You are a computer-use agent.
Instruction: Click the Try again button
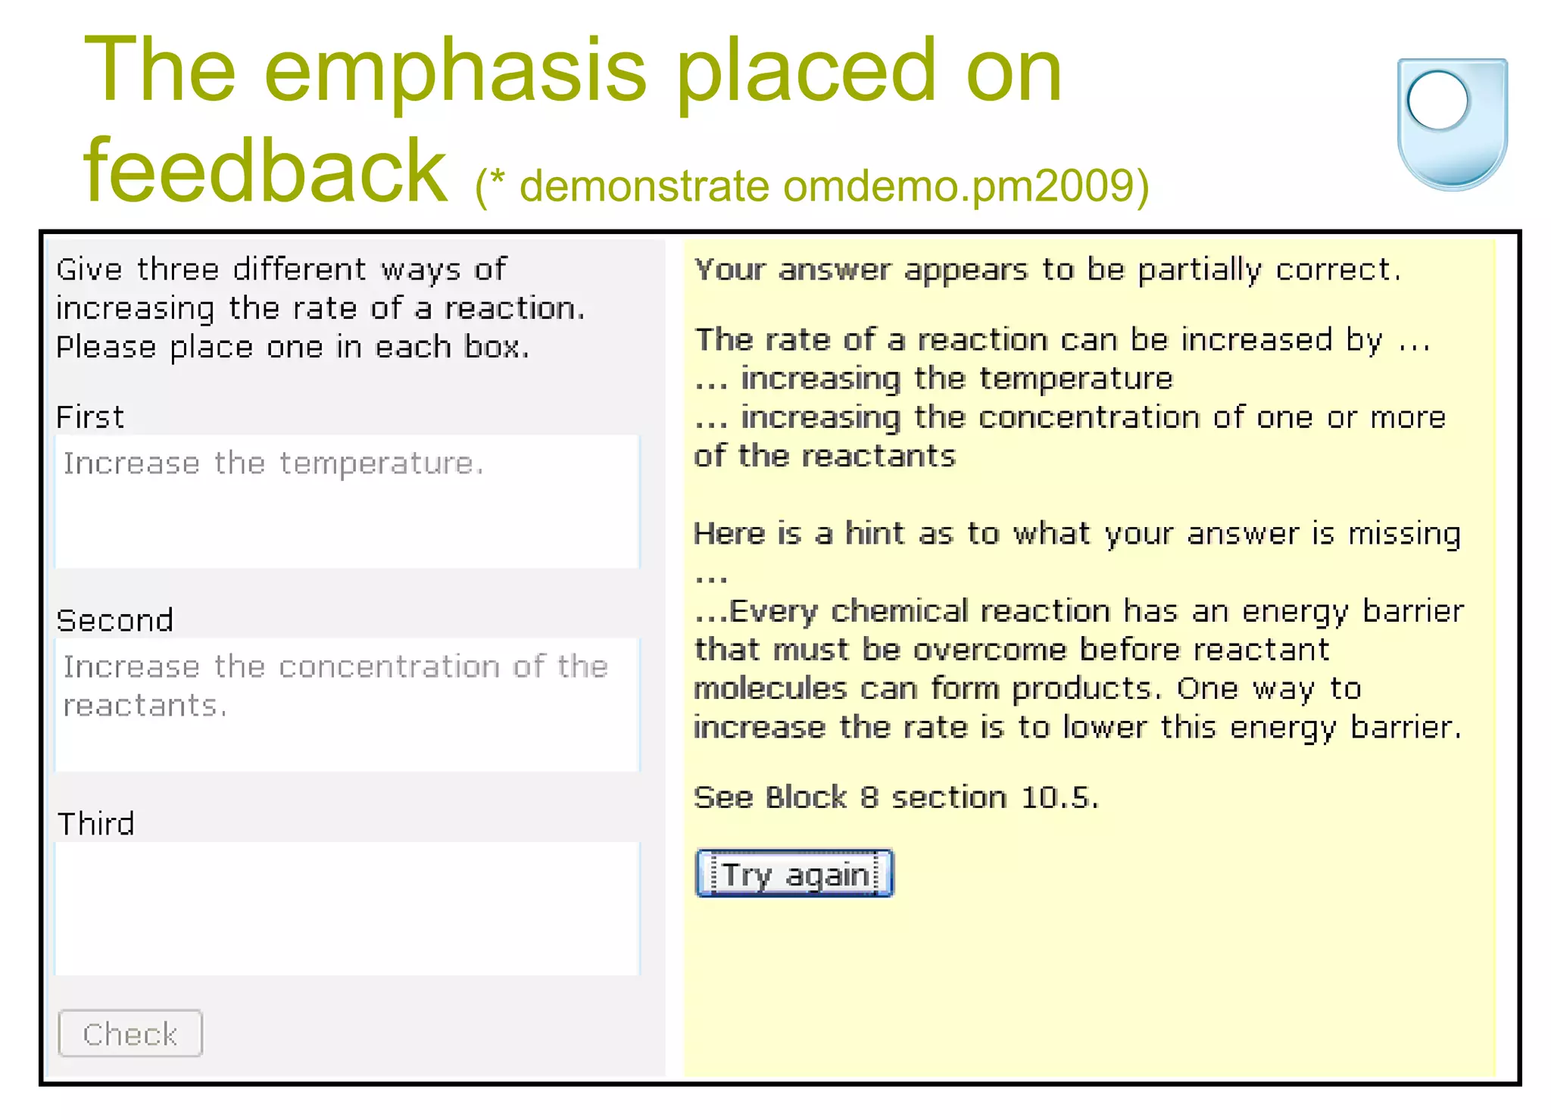pos(794,874)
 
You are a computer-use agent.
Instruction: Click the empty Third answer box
pos(347,908)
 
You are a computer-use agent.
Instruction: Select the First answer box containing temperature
pos(347,501)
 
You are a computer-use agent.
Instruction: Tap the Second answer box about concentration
pos(347,704)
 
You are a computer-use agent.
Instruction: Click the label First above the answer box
pos(90,417)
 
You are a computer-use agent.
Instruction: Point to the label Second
pos(115,621)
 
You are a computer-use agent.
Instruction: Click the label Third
pos(96,824)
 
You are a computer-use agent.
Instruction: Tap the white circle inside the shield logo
pos(1437,100)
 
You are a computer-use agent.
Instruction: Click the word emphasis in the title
pos(455,72)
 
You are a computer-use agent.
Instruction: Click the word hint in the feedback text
pos(875,534)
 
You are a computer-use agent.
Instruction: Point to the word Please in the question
pos(106,348)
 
